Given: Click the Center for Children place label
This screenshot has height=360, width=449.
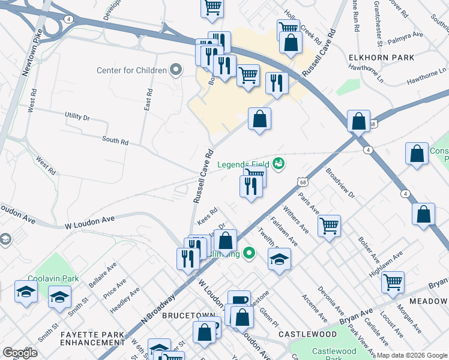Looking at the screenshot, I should pyautogui.click(x=132, y=71).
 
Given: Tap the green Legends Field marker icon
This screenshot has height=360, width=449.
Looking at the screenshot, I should pyautogui.click(x=278, y=163).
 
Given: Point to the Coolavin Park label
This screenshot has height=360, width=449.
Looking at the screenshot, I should pyautogui.click(x=48, y=278).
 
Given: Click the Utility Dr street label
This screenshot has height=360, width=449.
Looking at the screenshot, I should pyautogui.click(x=77, y=116).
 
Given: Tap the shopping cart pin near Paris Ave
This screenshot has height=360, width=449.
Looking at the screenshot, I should pyautogui.click(x=329, y=226).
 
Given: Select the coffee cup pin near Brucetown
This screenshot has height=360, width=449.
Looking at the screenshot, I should pyautogui.click(x=239, y=300).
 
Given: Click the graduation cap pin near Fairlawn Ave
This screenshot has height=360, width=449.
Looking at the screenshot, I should pyautogui.click(x=279, y=260).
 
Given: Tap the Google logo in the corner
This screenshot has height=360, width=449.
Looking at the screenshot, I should pyautogui.click(x=20, y=353).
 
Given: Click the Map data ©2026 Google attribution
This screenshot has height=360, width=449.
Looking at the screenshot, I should pyautogui.click(x=412, y=355).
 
